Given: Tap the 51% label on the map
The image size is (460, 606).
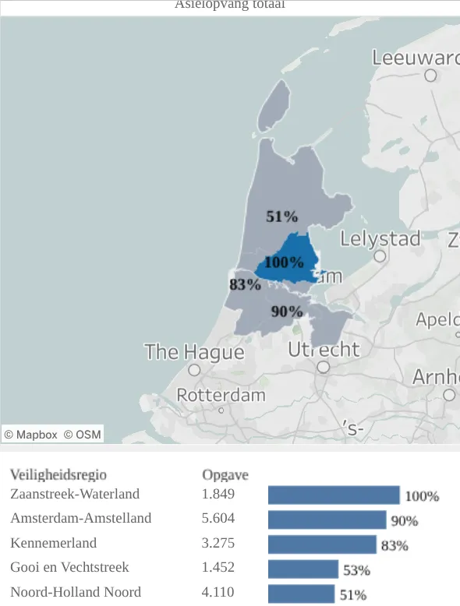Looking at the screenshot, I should point(281,217).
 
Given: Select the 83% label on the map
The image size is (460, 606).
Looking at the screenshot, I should point(245,284).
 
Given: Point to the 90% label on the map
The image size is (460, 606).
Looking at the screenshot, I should point(286,312).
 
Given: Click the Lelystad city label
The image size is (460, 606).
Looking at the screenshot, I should point(380,238).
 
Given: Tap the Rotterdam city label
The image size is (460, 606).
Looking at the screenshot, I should point(221,395).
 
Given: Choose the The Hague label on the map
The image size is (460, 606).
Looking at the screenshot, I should point(194,352).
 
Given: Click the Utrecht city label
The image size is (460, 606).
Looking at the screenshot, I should point(324,349).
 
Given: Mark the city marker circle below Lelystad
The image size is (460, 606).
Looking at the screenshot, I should point(380,256).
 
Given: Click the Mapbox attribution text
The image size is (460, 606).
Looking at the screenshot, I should point(31,435).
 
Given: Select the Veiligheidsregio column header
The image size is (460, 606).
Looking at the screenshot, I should point(58,474).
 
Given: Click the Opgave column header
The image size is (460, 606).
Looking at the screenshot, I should point(225,474).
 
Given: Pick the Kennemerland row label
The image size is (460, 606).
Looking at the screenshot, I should point(54,543).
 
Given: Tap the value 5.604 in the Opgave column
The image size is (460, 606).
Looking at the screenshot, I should point(218,518).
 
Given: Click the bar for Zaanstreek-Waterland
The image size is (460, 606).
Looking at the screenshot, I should point(334,495).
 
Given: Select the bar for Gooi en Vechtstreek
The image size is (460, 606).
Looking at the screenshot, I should point(303,569).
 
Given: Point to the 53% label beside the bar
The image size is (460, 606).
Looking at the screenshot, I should point(356,570).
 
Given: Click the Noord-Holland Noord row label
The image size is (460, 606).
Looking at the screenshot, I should point(76,592).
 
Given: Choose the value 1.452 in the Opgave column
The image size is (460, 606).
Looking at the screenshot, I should point(218,567).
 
